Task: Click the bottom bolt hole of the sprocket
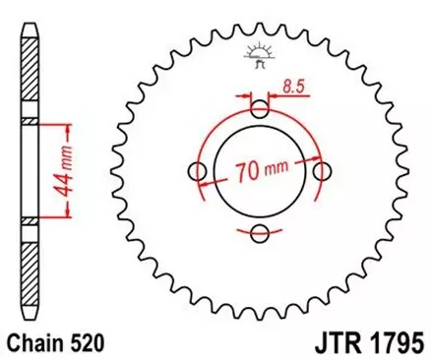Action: (x=260, y=234)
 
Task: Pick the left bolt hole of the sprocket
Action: (x=197, y=172)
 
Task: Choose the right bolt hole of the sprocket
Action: (x=323, y=172)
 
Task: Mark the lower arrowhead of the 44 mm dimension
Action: (x=67, y=217)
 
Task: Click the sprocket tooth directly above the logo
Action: (x=260, y=29)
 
